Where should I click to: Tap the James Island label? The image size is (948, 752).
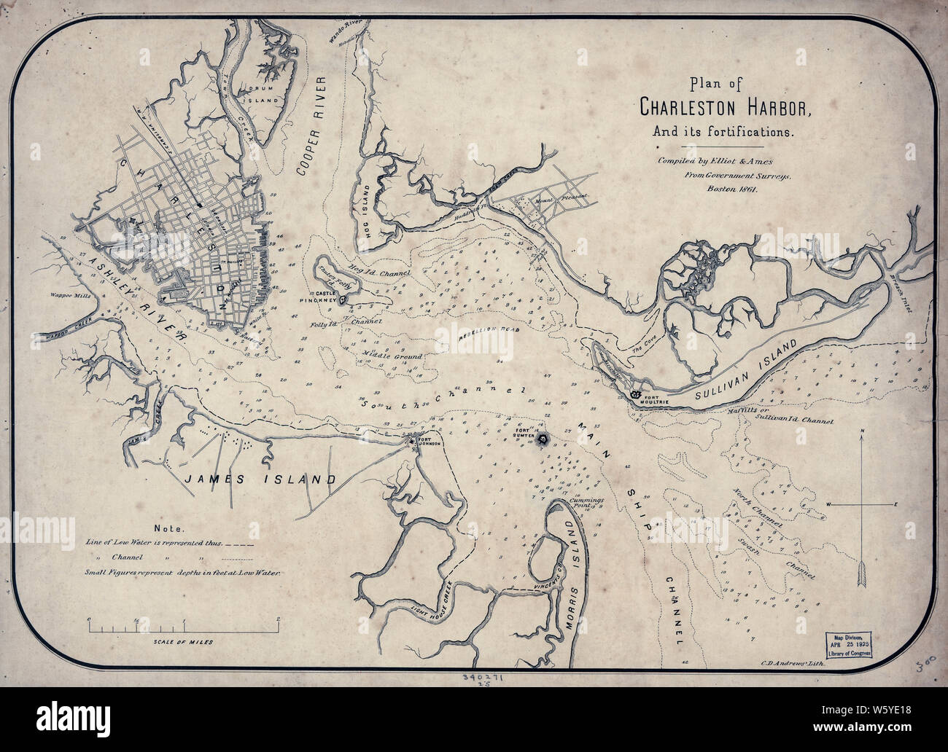(x=260, y=479)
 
